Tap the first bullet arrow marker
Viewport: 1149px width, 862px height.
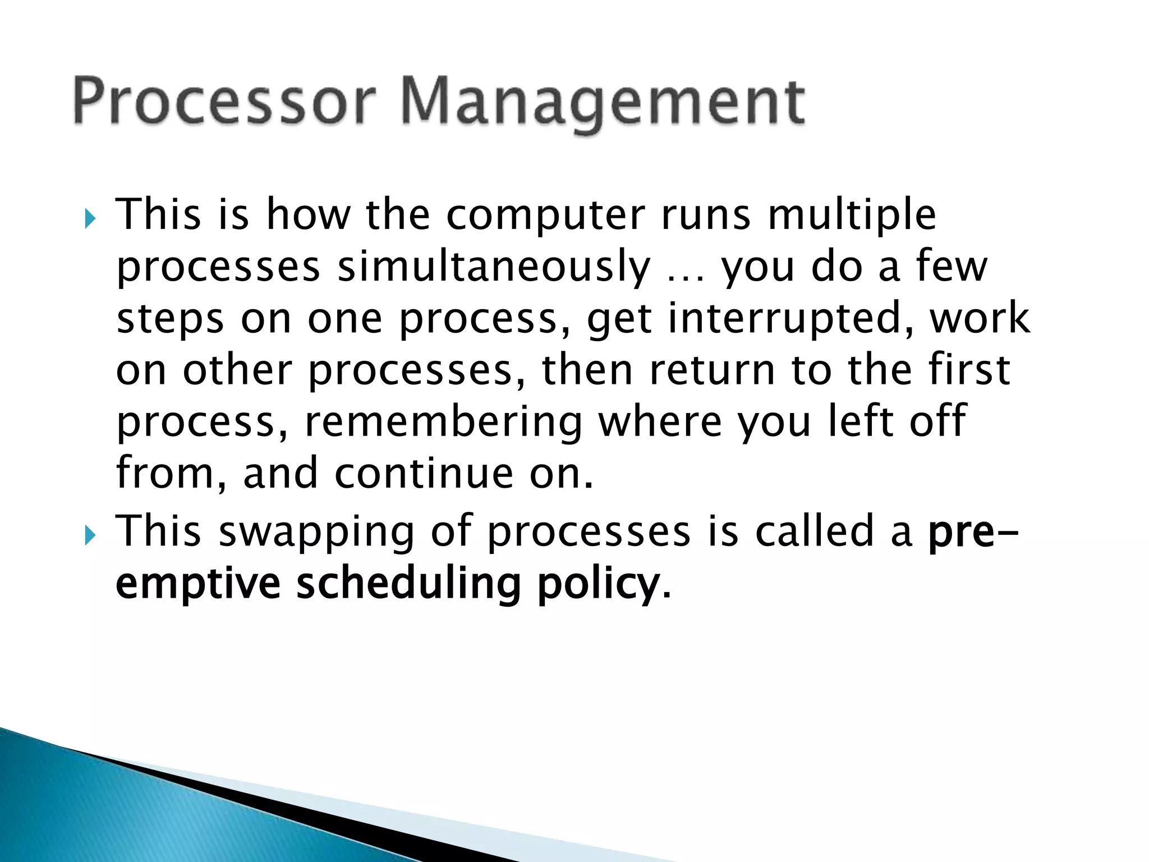(x=90, y=218)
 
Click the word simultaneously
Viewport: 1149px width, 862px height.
(x=494, y=268)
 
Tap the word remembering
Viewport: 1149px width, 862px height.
(x=443, y=423)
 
